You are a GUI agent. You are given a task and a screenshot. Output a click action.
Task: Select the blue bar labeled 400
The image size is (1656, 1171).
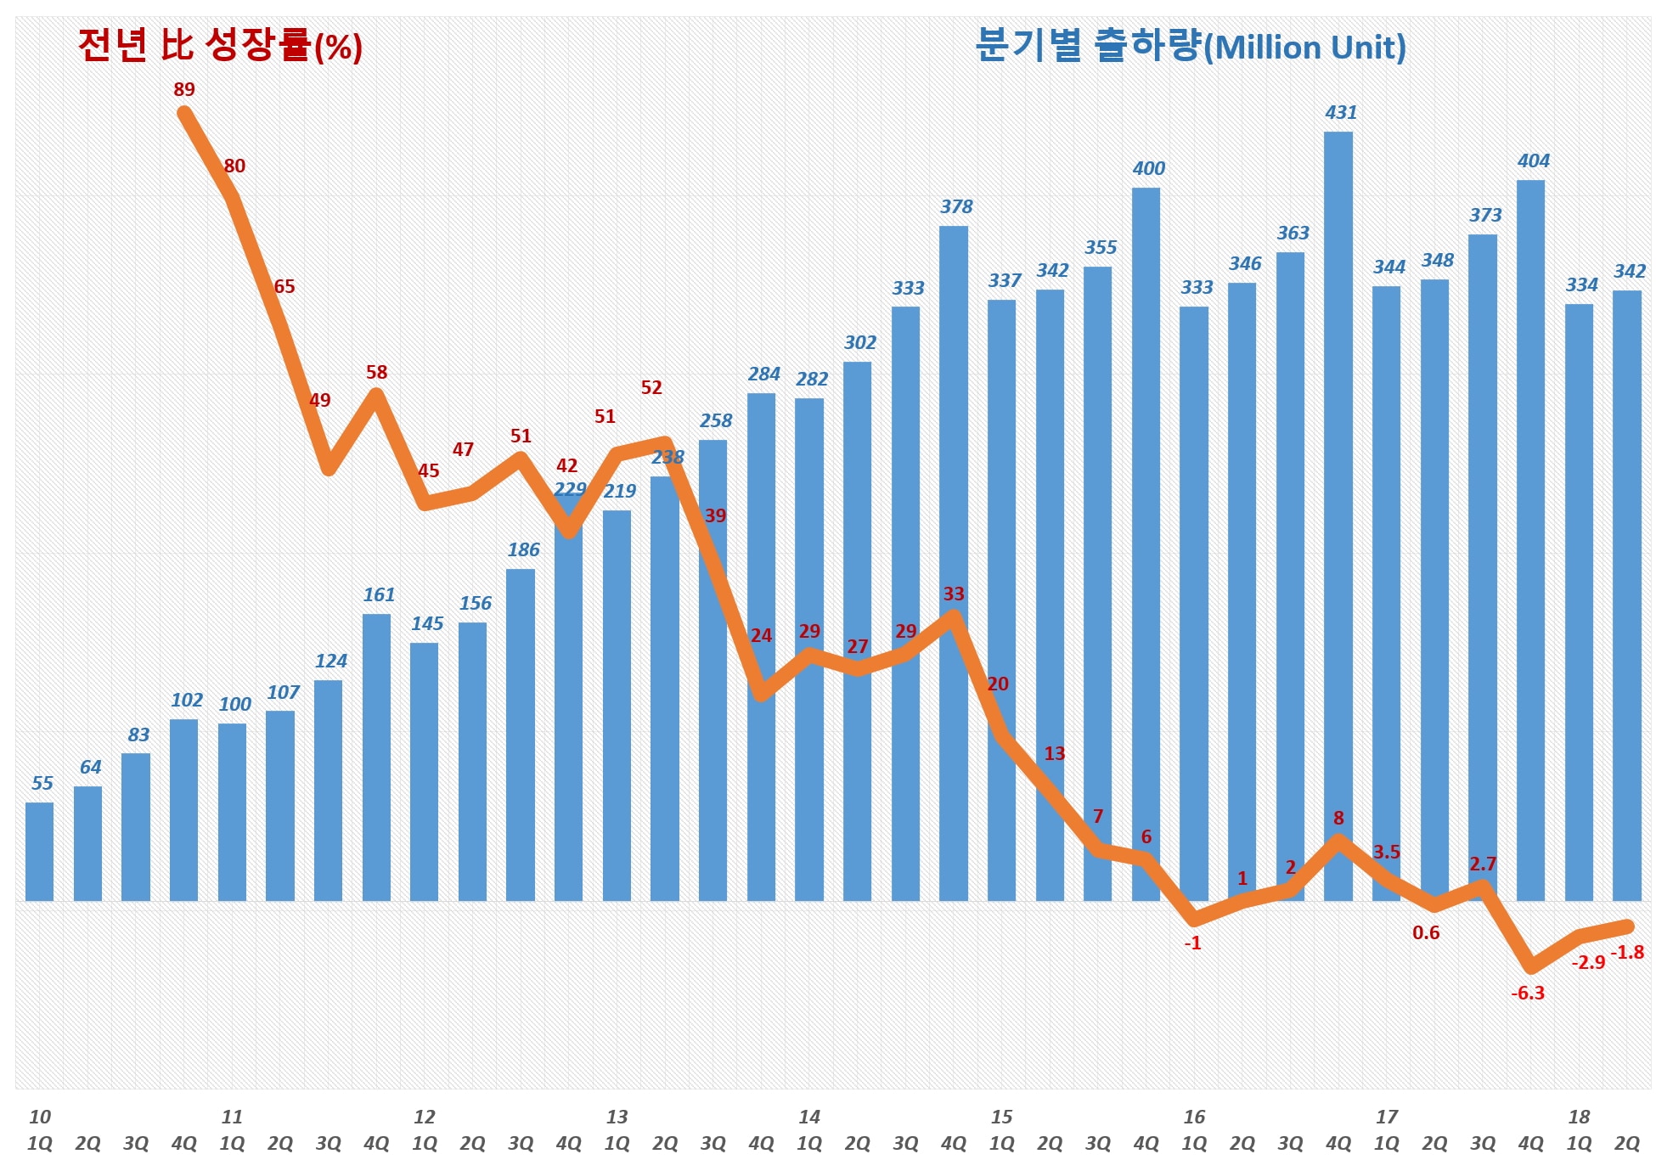[x=1146, y=543]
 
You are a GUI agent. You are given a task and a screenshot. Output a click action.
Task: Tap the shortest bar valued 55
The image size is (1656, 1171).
[x=40, y=851]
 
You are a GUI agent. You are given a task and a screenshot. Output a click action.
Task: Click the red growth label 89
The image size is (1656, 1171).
[x=184, y=89]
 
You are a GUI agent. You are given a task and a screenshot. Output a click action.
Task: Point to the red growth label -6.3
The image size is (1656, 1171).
[x=1528, y=993]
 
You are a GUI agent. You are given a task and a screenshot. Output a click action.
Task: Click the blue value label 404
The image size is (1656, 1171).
[x=1533, y=160]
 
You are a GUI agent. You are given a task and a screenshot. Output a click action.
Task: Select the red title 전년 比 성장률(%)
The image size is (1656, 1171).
[x=220, y=46]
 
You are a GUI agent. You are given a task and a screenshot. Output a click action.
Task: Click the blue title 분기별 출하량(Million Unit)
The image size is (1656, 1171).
[x=1191, y=46]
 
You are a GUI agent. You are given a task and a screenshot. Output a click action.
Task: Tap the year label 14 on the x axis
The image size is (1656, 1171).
[x=809, y=1117]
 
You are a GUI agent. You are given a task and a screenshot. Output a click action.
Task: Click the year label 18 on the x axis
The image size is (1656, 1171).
[x=1579, y=1117]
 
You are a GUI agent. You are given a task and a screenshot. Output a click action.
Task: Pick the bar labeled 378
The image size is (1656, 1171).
[x=953, y=560]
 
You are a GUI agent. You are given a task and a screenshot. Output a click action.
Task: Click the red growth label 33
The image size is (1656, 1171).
[x=954, y=594]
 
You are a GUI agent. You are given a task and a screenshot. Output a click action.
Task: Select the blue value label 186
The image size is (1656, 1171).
[x=523, y=549]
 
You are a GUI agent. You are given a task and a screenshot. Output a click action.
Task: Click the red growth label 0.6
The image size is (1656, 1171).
[x=1426, y=932]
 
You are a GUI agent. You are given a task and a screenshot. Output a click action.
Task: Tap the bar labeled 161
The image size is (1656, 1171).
[x=376, y=756]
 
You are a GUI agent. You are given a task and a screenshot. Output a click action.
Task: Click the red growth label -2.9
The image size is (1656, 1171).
[x=1588, y=962]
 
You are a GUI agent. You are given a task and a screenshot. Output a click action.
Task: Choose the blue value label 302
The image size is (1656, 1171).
[x=859, y=342]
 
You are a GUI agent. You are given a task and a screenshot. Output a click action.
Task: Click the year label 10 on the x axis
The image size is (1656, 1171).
[x=40, y=1117]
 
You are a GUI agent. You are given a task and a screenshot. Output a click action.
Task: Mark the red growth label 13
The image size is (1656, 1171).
[x=1054, y=753]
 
